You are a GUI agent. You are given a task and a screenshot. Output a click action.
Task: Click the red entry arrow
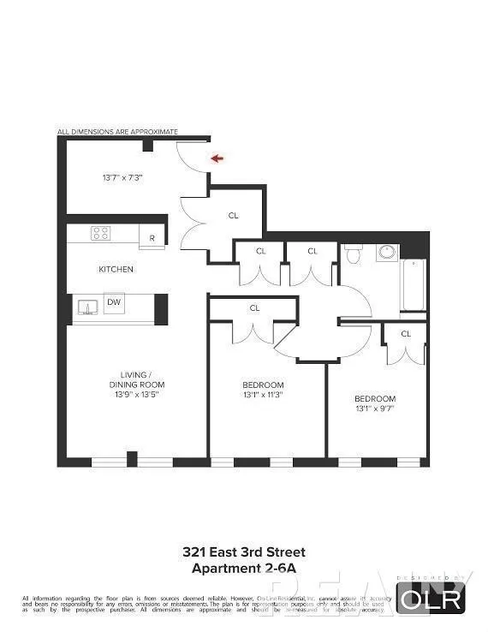pos(217,158)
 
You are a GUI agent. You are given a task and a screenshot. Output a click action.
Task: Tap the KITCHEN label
pos(116,269)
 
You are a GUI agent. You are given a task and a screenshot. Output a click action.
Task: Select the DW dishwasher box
pos(113,301)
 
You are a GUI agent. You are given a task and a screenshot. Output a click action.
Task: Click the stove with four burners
pos(101,232)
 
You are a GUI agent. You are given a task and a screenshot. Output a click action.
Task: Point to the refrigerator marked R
pos(152,237)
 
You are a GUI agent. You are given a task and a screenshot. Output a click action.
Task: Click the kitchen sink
pos(86,307)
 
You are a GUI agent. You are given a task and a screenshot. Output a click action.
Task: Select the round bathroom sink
pos(386,253)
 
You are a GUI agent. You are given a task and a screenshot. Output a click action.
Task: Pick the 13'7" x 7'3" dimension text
pos(122,178)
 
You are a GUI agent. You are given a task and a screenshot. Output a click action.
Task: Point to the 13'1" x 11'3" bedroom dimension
pos(263,396)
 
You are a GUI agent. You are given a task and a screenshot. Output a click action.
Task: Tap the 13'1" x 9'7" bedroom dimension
pos(376,410)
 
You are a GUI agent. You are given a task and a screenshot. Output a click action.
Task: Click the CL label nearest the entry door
pos(233,216)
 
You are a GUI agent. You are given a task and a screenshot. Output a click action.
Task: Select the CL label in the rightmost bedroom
pos(406,333)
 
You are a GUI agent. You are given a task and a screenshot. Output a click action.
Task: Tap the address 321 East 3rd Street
pos(243,552)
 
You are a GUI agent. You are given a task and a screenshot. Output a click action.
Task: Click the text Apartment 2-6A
pos(243,568)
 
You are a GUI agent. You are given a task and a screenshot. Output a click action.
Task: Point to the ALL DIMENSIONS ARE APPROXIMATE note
pos(117,132)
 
